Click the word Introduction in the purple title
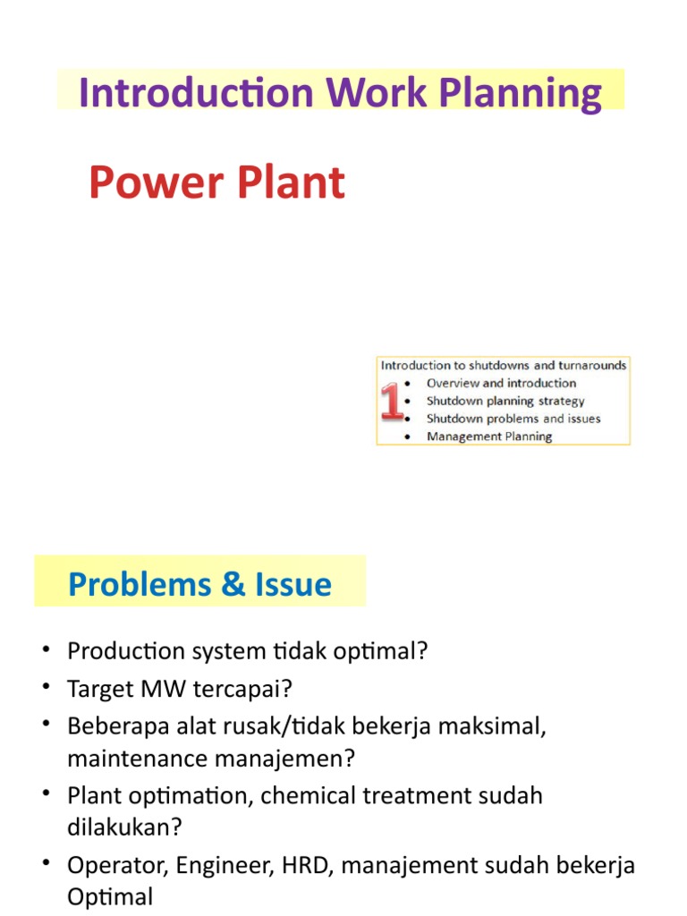(x=196, y=92)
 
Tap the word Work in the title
(x=377, y=92)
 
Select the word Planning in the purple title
(x=520, y=93)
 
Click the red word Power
(x=156, y=182)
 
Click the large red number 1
(x=392, y=402)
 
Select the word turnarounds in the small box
(x=592, y=366)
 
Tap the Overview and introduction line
(x=501, y=383)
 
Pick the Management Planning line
(x=489, y=437)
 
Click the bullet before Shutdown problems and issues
(x=407, y=419)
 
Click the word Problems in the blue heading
(x=140, y=584)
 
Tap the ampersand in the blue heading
(x=233, y=584)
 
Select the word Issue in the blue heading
(x=293, y=584)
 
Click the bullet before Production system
(x=47, y=649)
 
